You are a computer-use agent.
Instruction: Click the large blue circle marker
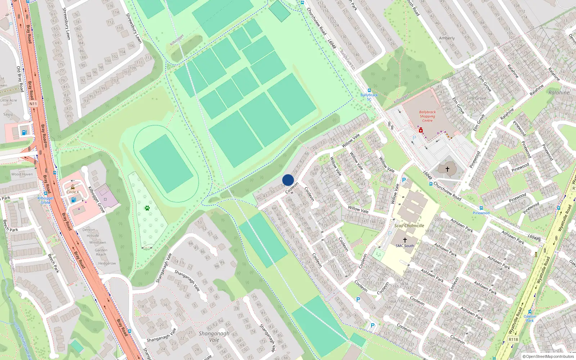click(x=288, y=180)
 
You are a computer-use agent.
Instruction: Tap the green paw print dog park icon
click(x=147, y=208)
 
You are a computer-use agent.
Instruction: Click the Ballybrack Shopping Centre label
click(x=427, y=116)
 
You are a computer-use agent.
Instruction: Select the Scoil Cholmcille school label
click(x=409, y=226)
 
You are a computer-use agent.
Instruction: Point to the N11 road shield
click(x=33, y=104)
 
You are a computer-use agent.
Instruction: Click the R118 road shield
click(x=513, y=339)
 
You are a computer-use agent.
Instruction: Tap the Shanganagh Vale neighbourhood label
click(x=214, y=337)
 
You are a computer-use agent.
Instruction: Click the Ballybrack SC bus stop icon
click(x=369, y=90)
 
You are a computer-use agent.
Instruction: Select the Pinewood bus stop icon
click(x=481, y=208)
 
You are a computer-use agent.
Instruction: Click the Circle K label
click(x=73, y=192)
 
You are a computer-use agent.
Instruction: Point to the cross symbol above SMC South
click(x=405, y=240)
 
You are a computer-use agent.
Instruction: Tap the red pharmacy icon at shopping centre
click(x=420, y=130)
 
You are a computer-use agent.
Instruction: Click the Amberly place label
click(x=447, y=38)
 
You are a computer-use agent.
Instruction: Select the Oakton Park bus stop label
click(x=530, y=318)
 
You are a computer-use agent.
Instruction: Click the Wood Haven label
click(x=22, y=174)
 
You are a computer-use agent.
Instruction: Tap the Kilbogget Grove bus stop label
click(x=46, y=200)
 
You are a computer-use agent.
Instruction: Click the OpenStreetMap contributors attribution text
click(x=550, y=357)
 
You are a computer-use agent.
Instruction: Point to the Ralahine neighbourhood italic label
click(x=559, y=93)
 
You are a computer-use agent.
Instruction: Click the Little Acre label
click(x=9, y=100)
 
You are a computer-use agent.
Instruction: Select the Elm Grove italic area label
click(x=476, y=98)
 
